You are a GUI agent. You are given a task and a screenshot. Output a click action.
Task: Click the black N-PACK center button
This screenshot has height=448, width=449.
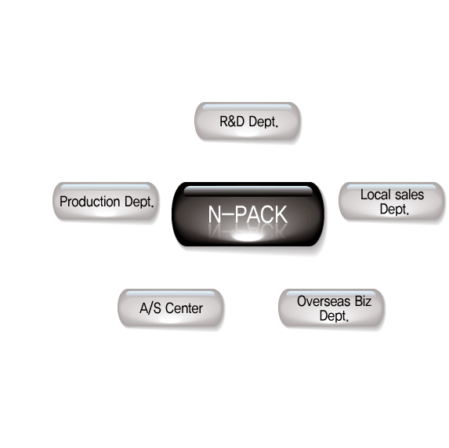tap(248, 214)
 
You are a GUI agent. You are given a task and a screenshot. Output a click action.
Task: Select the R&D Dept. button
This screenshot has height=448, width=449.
tap(248, 121)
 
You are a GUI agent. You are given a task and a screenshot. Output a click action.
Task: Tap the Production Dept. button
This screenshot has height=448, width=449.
tap(106, 201)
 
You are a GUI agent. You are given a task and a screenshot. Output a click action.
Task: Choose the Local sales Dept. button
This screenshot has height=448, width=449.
tap(392, 201)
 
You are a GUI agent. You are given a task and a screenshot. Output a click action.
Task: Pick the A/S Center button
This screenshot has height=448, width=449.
tap(171, 308)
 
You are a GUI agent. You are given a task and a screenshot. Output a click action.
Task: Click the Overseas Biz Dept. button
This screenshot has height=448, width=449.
tap(331, 308)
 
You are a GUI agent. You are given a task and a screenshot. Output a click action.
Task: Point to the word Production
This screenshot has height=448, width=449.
tap(89, 202)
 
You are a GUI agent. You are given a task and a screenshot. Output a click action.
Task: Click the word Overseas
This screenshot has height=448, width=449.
tap(324, 301)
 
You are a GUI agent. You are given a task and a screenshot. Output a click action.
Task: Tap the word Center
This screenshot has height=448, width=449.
tap(184, 308)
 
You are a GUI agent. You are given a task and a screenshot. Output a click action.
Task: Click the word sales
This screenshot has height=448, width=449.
tap(409, 195)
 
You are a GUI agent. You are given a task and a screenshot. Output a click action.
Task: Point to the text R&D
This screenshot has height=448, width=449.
tap(232, 122)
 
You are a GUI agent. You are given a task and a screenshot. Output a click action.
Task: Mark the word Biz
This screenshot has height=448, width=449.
tap(363, 301)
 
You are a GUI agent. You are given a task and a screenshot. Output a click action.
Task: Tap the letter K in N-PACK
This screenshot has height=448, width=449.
tap(281, 214)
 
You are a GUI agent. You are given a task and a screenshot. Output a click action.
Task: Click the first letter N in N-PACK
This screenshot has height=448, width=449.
tap(214, 214)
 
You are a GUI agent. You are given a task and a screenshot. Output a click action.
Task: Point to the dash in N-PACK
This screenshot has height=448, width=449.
tap(227, 213)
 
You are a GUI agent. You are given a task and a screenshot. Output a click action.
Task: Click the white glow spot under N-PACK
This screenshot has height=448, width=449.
tap(248, 238)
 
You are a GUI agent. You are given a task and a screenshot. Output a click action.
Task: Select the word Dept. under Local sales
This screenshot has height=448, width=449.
tap(394, 209)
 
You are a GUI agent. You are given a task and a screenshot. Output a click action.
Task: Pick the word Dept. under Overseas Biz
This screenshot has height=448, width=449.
tap(334, 316)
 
